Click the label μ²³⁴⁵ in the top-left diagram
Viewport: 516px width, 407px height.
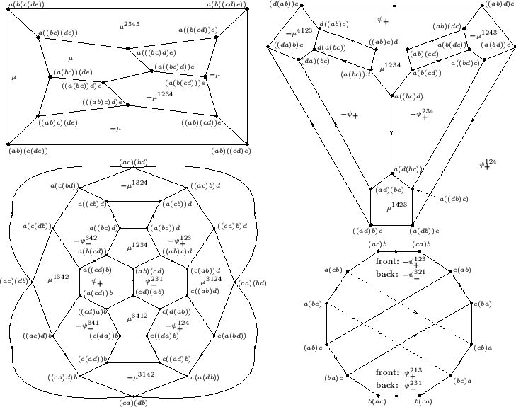pyautogui.click(x=130, y=25)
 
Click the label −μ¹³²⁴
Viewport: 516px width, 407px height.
pyautogui.click(x=132, y=185)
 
